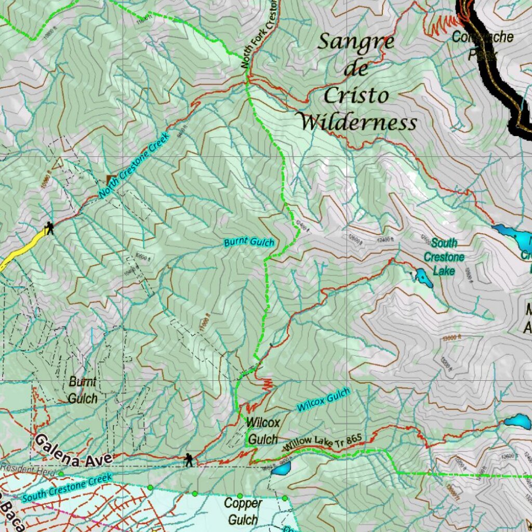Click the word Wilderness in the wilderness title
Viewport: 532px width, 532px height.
(x=358, y=123)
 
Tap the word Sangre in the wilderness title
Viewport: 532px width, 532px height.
(x=355, y=43)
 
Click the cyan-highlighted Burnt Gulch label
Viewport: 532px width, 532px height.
(x=249, y=243)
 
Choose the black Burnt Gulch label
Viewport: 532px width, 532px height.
(x=83, y=390)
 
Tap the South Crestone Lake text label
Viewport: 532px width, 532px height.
(x=444, y=257)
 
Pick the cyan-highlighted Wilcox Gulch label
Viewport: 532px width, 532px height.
(x=324, y=400)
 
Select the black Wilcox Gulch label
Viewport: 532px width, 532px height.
(x=263, y=431)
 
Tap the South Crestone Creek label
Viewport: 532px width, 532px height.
(x=68, y=486)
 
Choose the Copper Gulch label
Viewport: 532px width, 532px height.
(x=243, y=511)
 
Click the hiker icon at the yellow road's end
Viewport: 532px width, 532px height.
(x=49, y=228)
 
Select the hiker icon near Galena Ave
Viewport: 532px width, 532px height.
(x=188, y=460)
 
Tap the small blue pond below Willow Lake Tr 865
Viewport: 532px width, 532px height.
(x=282, y=469)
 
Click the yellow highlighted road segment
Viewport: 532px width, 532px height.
(x=21, y=250)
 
